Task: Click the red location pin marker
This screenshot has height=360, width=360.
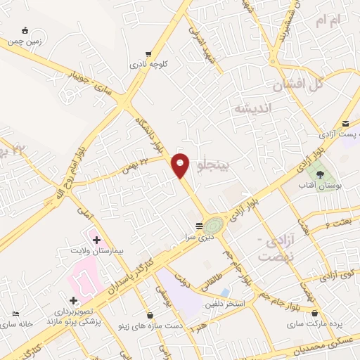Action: pos(181,165)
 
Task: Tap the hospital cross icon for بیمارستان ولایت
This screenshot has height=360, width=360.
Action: pos(96,240)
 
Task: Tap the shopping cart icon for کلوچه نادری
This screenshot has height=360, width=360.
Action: pos(148,53)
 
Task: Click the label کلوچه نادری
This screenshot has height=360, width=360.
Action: pos(148,64)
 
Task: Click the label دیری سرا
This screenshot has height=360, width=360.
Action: pos(199,237)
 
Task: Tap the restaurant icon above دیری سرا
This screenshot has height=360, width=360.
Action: pos(199,226)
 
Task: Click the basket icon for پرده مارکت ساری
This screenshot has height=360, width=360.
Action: pos(314,313)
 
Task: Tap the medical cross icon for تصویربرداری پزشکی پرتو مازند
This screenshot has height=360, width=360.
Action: pos(73,300)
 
